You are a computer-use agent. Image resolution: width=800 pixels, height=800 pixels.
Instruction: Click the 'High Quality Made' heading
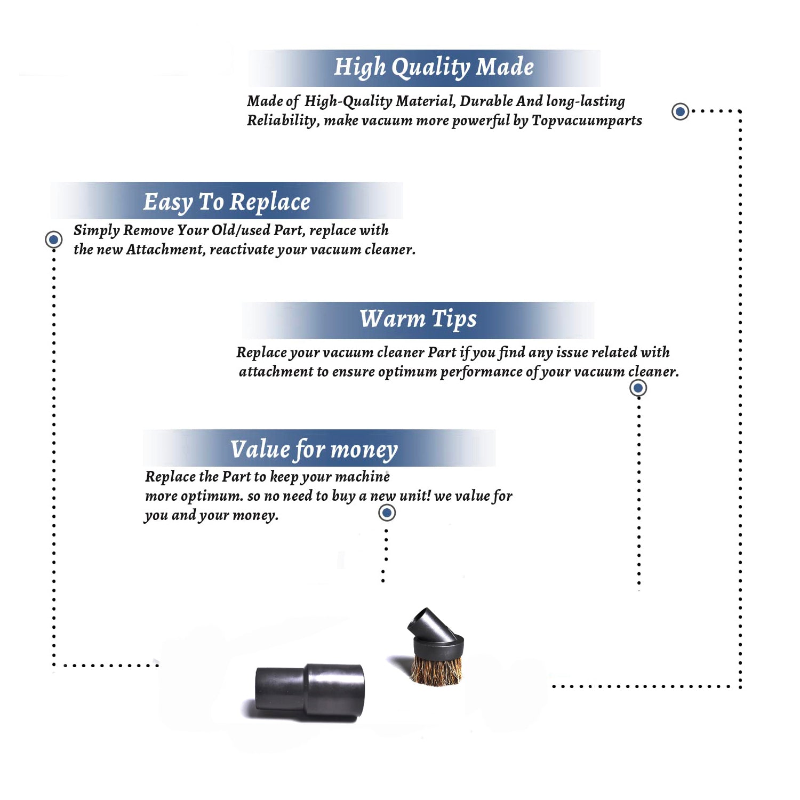434,68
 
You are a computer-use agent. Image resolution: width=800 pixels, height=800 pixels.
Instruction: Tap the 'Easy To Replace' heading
227,202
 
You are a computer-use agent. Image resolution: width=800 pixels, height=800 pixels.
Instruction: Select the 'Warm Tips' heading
418,319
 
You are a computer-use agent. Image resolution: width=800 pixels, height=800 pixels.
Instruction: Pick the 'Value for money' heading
314,450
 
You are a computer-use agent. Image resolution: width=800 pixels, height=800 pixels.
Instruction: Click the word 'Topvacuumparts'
587,121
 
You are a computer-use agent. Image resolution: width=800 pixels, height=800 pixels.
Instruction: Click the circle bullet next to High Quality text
680,111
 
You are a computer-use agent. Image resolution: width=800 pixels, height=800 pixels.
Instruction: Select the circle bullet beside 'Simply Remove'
53,239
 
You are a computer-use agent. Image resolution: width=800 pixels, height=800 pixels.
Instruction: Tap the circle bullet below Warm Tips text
638,388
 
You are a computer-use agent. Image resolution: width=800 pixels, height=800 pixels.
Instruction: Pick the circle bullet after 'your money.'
387,513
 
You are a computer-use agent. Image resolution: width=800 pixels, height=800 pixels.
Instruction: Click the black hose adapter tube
310,691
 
